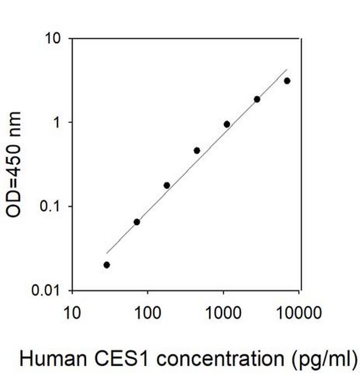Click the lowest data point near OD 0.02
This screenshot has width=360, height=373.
tap(106, 265)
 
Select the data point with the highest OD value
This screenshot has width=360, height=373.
tap(287, 81)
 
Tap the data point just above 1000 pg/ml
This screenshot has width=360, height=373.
tap(227, 124)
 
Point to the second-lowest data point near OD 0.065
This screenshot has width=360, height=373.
tap(137, 222)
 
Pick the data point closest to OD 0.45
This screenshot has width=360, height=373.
tap(197, 151)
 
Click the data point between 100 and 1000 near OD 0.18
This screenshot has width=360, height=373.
tap(167, 185)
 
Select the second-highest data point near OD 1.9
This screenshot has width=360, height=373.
tap(257, 99)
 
